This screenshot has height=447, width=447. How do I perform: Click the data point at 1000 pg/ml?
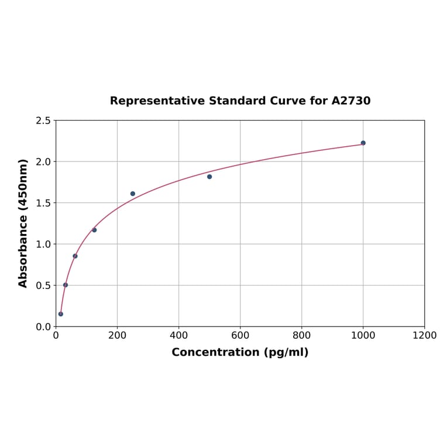[363, 143]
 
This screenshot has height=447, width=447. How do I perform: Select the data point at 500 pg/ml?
[209, 177]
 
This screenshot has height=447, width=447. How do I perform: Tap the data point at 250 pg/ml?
[133, 194]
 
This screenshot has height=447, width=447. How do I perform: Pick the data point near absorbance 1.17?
[94, 230]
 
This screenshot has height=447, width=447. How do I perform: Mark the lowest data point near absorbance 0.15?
[61, 314]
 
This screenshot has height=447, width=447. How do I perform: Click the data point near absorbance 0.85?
[75, 256]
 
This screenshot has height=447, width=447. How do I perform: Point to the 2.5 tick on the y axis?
[43, 121]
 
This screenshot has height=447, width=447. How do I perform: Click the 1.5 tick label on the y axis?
[43, 203]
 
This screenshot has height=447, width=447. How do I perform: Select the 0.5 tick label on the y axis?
[43, 286]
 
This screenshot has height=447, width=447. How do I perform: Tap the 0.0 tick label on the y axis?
[43, 326]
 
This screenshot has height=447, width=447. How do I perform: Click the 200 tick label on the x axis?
[117, 336]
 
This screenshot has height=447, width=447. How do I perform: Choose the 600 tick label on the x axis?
[240, 336]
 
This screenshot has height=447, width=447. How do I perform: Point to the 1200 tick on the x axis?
[424, 336]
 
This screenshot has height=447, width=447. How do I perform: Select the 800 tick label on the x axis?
[301, 336]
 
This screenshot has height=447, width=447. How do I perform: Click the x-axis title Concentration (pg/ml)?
[240, 352]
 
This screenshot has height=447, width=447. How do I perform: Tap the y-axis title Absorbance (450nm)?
[23, 223]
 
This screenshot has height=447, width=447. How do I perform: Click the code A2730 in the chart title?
[350, 101]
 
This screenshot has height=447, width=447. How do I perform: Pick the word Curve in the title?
[287, 101]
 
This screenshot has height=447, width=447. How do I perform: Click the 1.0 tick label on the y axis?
[43, 244]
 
